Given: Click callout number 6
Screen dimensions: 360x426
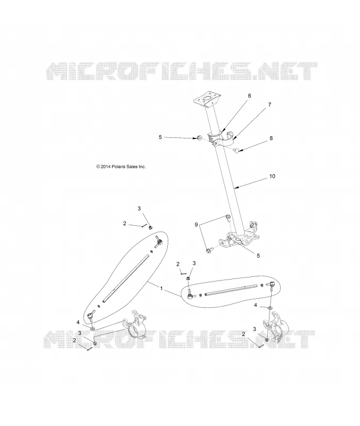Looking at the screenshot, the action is pos(249,96).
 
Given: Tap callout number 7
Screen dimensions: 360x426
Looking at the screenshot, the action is pos(269,104).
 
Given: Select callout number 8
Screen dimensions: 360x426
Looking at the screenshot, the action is pos(271,138).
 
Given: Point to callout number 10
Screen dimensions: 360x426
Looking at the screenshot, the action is pos(272,176).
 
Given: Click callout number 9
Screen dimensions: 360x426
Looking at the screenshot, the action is pos(196,225).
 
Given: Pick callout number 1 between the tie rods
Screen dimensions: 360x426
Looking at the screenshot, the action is pos(161,289).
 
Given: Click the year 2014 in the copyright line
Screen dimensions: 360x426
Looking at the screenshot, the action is pos(105,167).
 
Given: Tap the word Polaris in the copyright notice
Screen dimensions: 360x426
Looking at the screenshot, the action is pos(118,167).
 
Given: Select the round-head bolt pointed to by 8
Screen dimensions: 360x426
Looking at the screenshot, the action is pos(236,149).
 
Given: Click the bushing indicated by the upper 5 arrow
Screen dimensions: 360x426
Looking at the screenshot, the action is pos(199,138).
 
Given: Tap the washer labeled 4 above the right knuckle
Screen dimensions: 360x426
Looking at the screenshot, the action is pos(271,308).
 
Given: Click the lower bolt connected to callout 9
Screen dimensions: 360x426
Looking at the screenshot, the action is pos(209,250).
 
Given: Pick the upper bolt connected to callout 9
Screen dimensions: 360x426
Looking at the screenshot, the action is pos(228,217).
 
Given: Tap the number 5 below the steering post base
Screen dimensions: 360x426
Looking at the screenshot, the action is pos(258,256).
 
